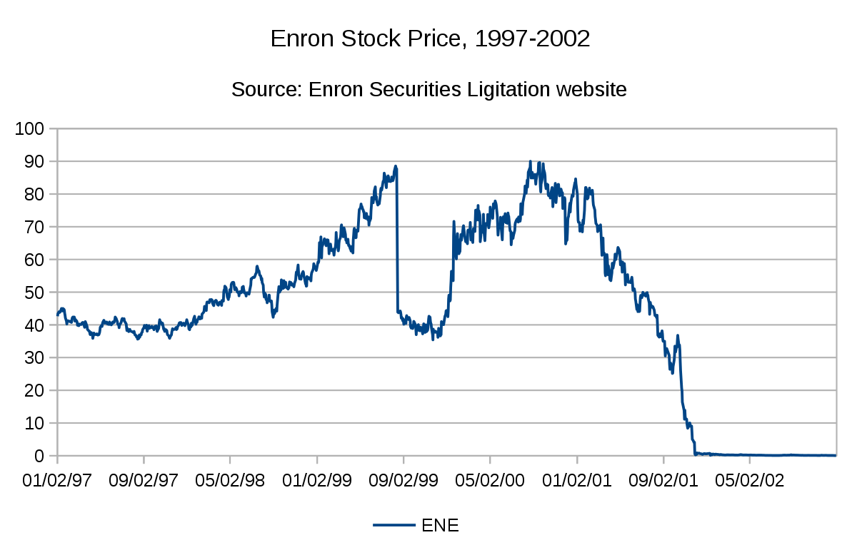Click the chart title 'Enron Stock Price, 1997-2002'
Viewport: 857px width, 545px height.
[x=430, y=39]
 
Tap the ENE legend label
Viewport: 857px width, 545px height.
[x=440, y=526]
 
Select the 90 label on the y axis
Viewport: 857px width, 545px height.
[x=34, y=162]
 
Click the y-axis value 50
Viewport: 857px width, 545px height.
[x=34, y=292]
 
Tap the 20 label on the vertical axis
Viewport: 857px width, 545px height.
[x=34, y=390]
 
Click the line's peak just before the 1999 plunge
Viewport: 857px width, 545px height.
[x=396, y=166]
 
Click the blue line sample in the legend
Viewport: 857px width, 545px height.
[x=394, y=526]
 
